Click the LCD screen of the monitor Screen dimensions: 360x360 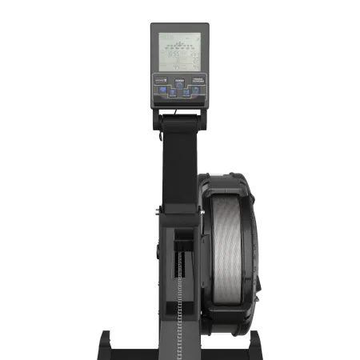tap(179, 50)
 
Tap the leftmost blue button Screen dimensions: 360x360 tap(161, 92)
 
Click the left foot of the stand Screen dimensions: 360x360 tap(108, 340)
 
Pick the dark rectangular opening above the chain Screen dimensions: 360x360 tap(183, 240)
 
